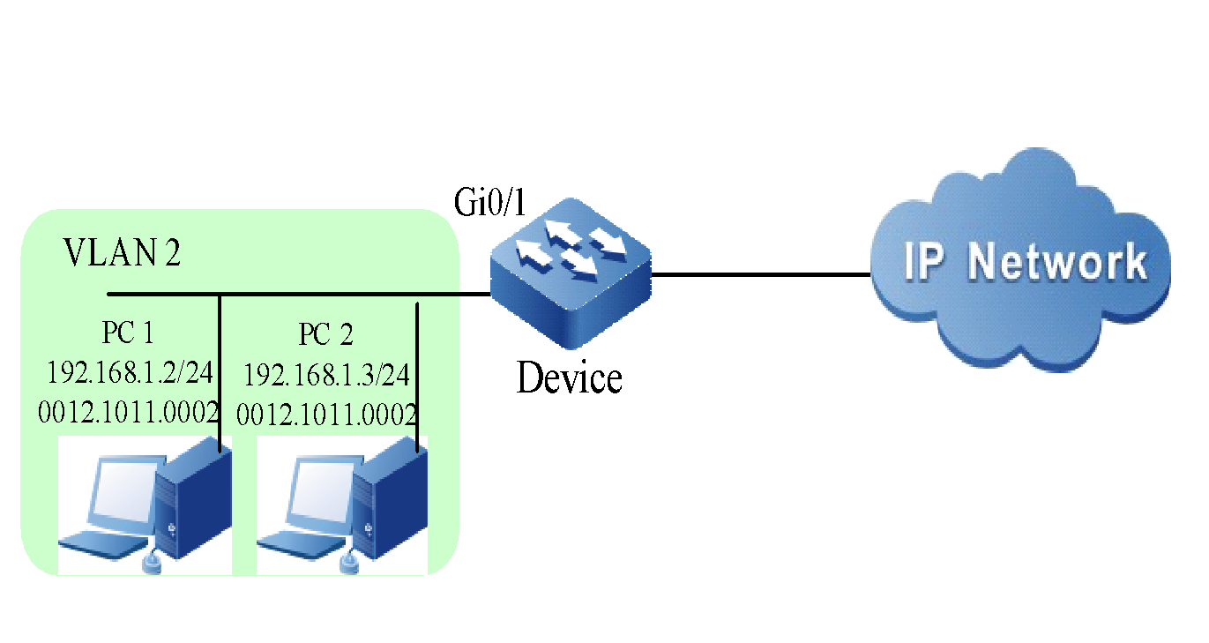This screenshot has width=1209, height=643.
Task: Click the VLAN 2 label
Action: pyautogui.click(x=123, y=254)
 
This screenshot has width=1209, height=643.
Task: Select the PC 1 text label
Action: pyautogui.click(x=128, y=333)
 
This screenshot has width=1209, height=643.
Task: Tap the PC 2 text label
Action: pyautogui.click(x=325, y=335)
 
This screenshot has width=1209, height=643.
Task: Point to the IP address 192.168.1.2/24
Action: pyautogui.click(x=130, y=373)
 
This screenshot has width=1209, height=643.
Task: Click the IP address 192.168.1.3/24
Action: pyautogui.click(x=326, y=376)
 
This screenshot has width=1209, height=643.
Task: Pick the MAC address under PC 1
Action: pyautogui.click(x=129, y=412)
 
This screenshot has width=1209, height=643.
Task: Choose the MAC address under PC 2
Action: pyautogui.click(x=327, y=414)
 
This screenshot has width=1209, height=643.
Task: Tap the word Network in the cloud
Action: pyautogui.click(x=1058, y=262)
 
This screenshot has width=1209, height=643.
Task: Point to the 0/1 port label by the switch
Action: pyautogui.click(x=508, y=207)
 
